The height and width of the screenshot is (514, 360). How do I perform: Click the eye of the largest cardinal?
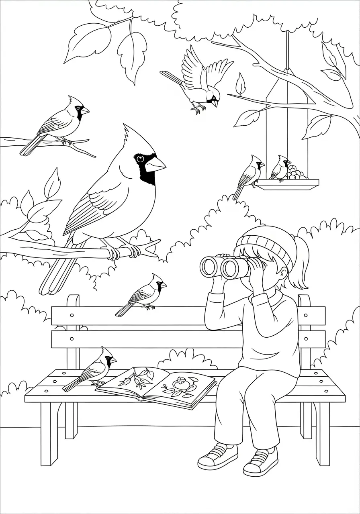(x=140, y=159)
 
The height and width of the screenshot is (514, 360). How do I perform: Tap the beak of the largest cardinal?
(x=156, y=164)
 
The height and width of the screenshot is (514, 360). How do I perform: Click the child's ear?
(x=284, y=274)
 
